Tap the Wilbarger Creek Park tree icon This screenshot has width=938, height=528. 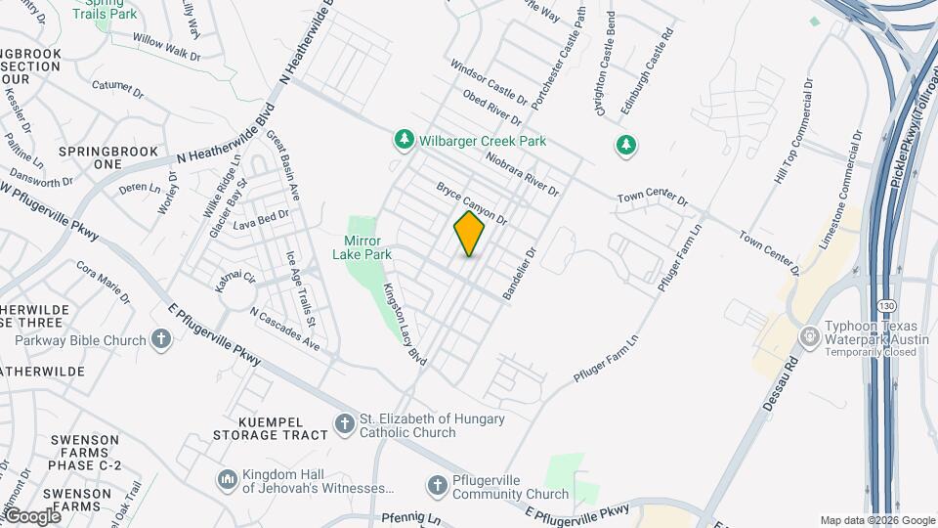tap(404, 141)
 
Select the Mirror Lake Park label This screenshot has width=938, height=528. tap(367, 247)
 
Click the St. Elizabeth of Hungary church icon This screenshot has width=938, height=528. tap(344, 424)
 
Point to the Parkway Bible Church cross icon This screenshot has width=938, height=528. tap(161, 339)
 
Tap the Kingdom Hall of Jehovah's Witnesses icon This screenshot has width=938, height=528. tap(227, 479)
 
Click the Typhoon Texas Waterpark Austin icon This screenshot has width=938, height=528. tap(809, 336)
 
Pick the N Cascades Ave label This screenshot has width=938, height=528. tap(284, 330)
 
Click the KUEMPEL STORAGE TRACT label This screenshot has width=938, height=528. tap(270, 427)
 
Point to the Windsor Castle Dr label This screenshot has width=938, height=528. tap(488, 83)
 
